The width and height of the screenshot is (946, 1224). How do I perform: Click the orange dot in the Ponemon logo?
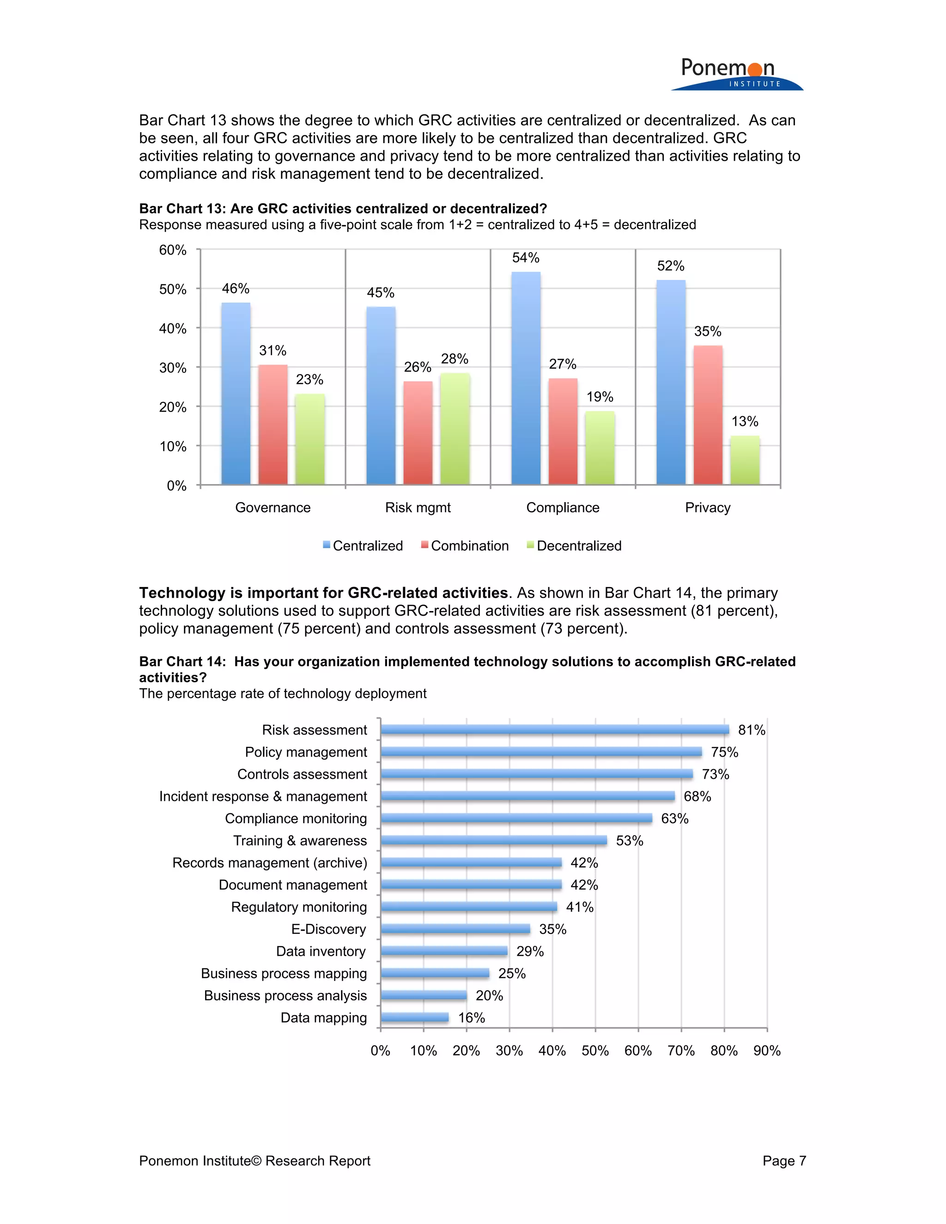(x=755, y=69)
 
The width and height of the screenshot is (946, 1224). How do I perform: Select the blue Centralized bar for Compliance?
(x=526, y=378)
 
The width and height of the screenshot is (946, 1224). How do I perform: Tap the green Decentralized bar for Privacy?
(x=745, y=460)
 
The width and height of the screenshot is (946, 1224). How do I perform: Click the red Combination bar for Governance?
(x=273, y=425)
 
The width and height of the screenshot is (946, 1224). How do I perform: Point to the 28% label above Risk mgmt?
(x=455, y=359)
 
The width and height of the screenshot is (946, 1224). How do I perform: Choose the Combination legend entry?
(x=465, y=546)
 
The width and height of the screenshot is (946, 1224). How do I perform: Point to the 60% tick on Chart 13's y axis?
(x=173, y=250)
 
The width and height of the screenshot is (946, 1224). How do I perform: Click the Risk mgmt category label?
(x=418, y=507)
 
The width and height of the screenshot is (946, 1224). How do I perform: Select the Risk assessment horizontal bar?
(x=555, y=729)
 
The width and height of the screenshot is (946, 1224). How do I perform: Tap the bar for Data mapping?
(x=415, y=1017)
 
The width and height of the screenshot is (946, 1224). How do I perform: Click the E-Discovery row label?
(x=328, y=929)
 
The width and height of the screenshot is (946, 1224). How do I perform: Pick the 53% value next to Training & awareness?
(x=630, y=841)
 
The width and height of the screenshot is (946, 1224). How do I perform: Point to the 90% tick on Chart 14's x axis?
(x=767, y=1051)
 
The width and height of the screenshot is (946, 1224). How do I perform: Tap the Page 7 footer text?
(x=783, y=1161)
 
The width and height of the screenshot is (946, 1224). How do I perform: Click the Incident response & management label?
(x=263, y=796)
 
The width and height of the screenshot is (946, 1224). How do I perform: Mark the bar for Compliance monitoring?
(x=516, y=818)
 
